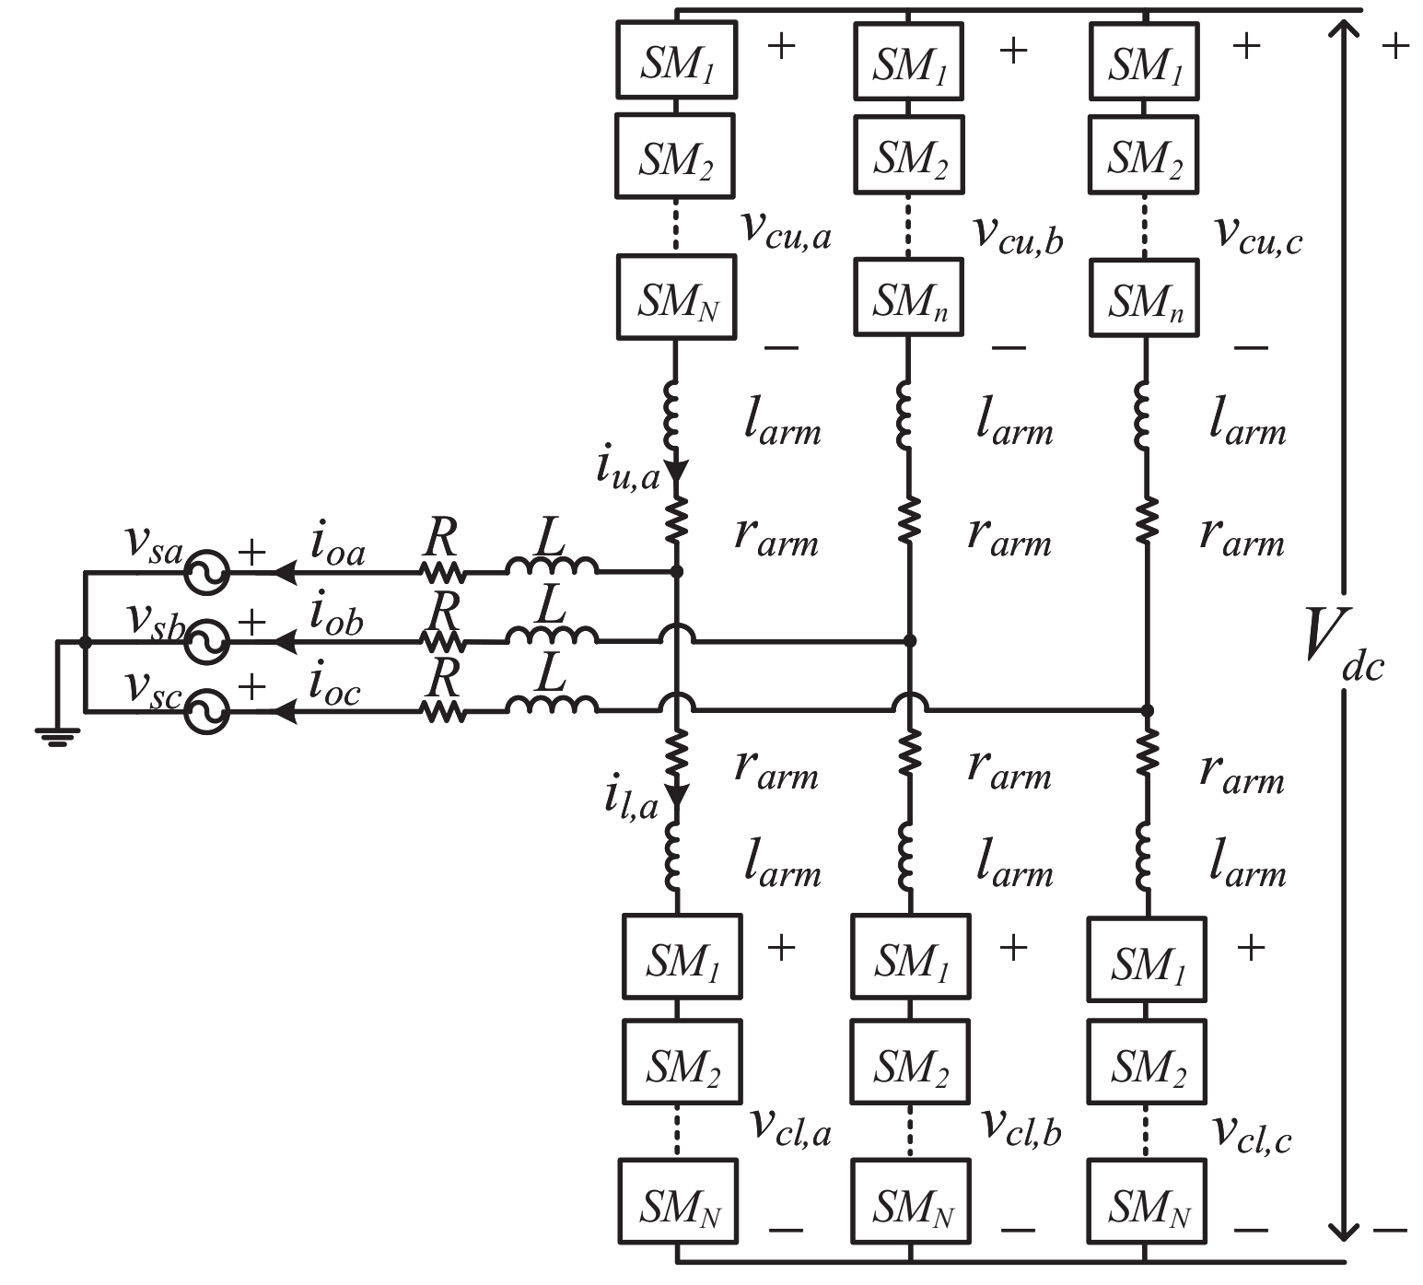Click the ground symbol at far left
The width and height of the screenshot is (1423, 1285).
[x=57, y=735]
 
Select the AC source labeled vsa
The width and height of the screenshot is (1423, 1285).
[x=205, y=572]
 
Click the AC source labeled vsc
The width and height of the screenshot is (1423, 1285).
[x=205, y=711]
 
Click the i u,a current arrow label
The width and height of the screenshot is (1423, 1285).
[x=628, y=470]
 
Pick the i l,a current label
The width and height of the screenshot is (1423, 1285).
[x=631, y=799]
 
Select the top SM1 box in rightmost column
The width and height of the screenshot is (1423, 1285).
[x=1143, y=62]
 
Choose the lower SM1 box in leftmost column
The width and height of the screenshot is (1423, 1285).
[x=682, y=957]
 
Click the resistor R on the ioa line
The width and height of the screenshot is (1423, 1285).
[x=442, y=572]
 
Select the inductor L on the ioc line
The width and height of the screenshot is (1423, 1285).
[x=551, y=705]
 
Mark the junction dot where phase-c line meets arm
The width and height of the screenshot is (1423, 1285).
[x=1146, y=711]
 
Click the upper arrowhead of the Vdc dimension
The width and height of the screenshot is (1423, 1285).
[x=1346, y=32]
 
